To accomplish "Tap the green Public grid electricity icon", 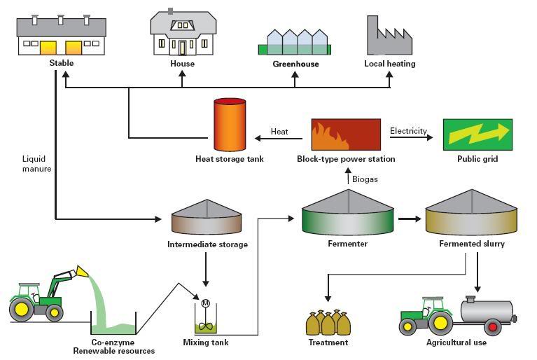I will point(477,134).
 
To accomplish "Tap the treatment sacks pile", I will point(328,323).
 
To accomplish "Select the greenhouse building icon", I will point(295,43).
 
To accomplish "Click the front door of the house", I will point(183,48).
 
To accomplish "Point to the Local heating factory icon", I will point(389,36).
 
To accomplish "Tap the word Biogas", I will point(365,179).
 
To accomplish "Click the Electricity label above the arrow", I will point(408,131).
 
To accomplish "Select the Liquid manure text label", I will point(36,164).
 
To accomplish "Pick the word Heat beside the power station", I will point(279,132).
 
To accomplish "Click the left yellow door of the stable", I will point(48,47).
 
